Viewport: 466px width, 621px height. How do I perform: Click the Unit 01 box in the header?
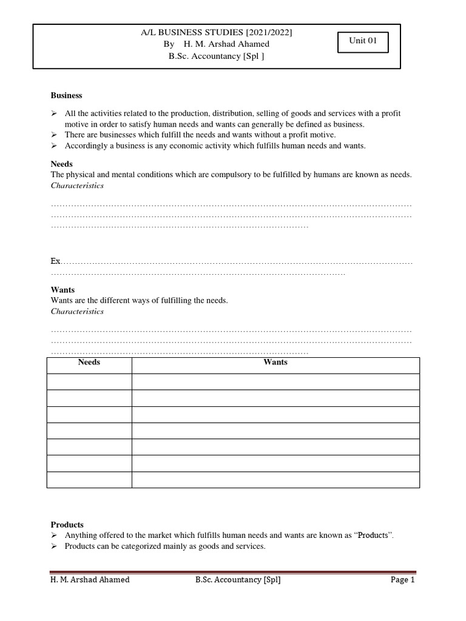363,42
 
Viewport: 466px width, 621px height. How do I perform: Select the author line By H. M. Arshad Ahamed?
217,44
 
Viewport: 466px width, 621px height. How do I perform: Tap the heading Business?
66,95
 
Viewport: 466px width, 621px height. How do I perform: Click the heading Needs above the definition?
61,164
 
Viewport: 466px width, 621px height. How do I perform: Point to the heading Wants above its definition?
62,290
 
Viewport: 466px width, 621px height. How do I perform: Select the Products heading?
67,525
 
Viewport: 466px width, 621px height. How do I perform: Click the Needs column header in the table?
89,362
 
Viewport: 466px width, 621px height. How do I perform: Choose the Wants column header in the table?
275,362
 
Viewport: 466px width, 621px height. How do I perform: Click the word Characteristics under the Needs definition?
77,185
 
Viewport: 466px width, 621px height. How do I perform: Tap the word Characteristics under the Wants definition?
77,311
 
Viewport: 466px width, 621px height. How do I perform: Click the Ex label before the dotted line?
56,261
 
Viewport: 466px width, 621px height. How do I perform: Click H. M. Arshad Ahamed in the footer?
90,580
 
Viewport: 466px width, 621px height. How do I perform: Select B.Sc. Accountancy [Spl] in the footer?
238,580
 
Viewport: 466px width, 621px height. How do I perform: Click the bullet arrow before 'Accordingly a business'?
54,146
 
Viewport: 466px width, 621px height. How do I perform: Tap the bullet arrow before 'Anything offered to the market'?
54,535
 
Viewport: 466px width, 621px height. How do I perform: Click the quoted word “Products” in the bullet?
373,535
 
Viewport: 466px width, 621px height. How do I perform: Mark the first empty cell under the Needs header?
89,381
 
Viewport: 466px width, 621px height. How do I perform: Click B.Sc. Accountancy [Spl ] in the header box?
217,56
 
